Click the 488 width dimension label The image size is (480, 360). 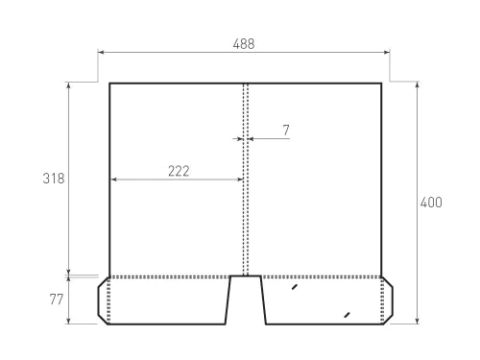[x=244, y=44]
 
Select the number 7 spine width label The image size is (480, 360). [x=285, y=128]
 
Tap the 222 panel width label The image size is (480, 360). [x=178, y=171]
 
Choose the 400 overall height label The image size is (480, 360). [x=431, y=203]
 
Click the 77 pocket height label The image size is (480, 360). [x=56, y=300]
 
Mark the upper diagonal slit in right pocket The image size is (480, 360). [x=295, y=286]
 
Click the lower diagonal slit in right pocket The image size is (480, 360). [x=346, y=314]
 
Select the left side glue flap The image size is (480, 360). [x=104, y=300]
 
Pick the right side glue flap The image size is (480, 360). [x=387, y=300]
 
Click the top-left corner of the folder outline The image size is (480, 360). [x=109, y=84]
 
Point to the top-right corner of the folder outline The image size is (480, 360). [x=381, y=84]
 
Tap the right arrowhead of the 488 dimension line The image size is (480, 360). [x=388, y=54]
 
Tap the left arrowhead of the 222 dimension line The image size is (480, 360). [x=113, y=180]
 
